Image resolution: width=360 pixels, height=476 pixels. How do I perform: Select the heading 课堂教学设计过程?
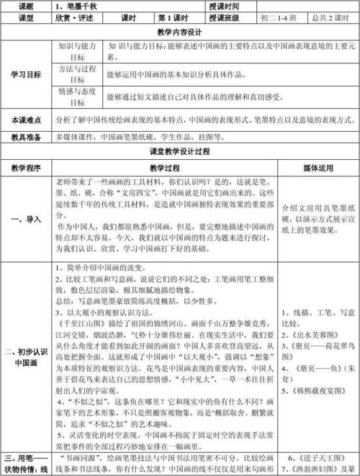tap(180, 152)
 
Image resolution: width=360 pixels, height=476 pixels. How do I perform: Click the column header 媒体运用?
tap(316, 168)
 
